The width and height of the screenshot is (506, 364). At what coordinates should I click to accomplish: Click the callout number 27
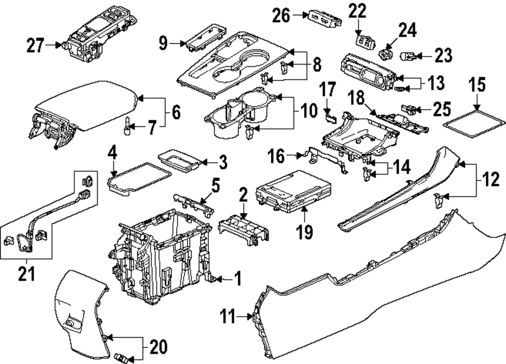[36, 45]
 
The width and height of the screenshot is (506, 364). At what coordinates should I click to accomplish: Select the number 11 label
[229, 317]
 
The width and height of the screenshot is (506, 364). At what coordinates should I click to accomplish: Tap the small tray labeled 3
[179, 161]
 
